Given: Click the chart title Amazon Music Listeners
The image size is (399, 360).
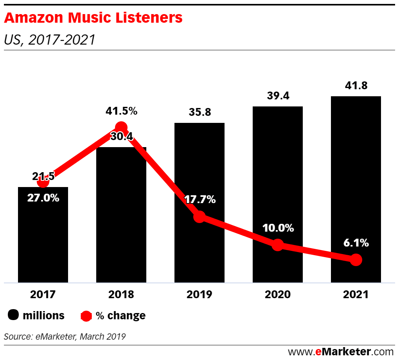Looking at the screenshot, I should point(93,18).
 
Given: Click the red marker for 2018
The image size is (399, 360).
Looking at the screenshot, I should point(121,127).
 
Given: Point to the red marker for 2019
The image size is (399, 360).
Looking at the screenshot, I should point(199,216).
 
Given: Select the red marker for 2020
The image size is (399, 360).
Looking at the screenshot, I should point(277,245).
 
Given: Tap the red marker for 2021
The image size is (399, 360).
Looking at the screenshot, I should point(356,259).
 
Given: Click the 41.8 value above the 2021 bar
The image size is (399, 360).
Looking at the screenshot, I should point(356,86).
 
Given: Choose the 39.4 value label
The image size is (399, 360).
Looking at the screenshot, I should point(277,96).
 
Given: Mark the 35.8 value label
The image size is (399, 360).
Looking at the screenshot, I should point(199,113).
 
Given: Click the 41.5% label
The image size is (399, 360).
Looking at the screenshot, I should point(121,111).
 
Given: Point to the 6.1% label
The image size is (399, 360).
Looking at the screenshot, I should point(356,243).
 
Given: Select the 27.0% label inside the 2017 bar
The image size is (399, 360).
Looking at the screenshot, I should point(43,198).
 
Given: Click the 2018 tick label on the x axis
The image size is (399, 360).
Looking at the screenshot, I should point(121,295).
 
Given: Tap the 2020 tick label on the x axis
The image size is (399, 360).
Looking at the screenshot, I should point(277,295).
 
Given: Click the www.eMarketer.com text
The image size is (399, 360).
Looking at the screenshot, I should point(341,351).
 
